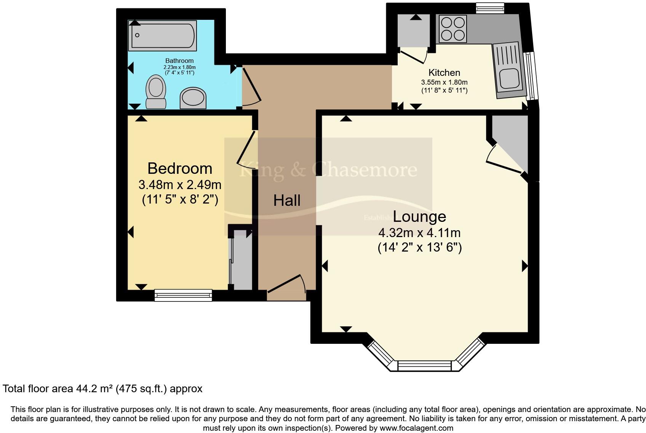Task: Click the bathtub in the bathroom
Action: pyautogui.click(x=163, y=35)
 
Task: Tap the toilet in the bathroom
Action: pyautogui.click(x=155, y=91)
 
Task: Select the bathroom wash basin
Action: pyautogui.click(x=193, y=98)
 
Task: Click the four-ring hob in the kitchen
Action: pyautogui.click(x=453, y=29)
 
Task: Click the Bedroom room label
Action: pyautogui.click(x=180, y=168)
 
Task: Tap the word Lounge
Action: pyautogui.click(x=419, y=216)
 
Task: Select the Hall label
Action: pyautogui.click(x=287, y=200)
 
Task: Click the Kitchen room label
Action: pyautogui.click(x=444, y=72)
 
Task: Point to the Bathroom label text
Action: pyautogui.click(x=179, y=61)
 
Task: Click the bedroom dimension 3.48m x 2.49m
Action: pyautogui.click(x=180, y=185)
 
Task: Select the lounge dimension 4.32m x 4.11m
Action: pyautogui.click(x=419, y=233)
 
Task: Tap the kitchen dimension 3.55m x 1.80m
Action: pyautogui.click(x=444, y=82)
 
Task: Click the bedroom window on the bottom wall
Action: pyautogui.click(x=183, y=295)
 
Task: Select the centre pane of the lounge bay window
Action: pyautogui.click(x=424, y=366)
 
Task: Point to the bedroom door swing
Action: pyautogui.click(x=247, y=149)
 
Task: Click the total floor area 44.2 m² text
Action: pyautogui.click(x=102, y=389)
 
